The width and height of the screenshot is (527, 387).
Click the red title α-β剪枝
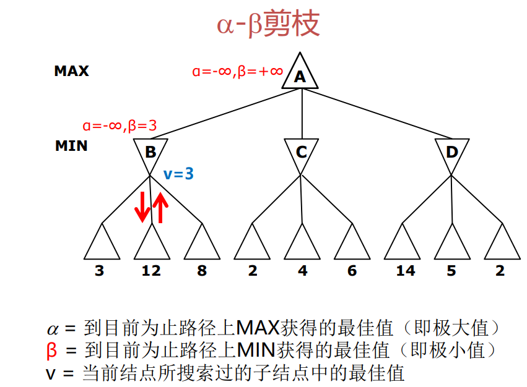click(268, 25)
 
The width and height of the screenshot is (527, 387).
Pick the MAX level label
click(71, 71)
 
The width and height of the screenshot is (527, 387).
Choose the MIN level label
click(71, 147)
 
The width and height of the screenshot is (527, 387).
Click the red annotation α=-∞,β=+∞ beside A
click(237, 72)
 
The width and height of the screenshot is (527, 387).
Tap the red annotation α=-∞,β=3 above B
click(120, 125)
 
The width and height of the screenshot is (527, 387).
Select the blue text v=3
click(179, 174)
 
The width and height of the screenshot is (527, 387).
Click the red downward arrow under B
click(142, 207)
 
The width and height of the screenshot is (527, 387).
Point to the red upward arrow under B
click(160, 207)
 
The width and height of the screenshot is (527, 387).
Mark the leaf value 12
click(150, 271)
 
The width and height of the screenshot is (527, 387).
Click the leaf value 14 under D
click(406, 271)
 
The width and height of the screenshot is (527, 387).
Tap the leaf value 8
click(201, 271)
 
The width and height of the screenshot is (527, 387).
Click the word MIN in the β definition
click(255, 350)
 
